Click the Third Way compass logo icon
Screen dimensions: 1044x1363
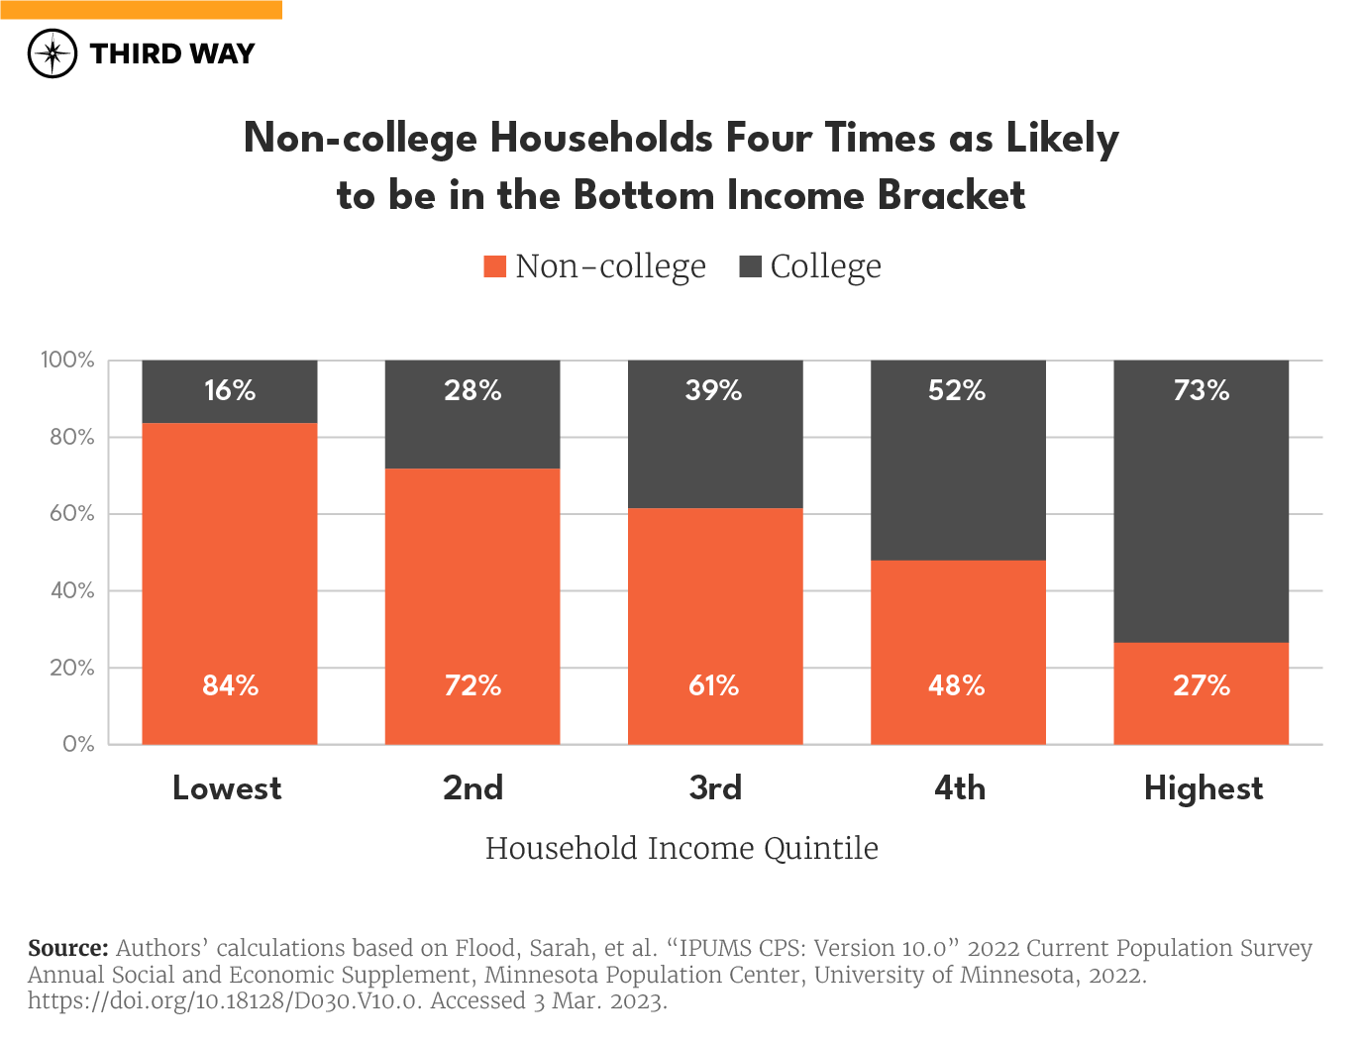(x=52, y=53)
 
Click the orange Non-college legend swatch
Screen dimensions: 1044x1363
(x=494, y=266)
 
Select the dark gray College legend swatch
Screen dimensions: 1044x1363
(x=750, y=266)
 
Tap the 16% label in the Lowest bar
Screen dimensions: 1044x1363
(x=230, y=390)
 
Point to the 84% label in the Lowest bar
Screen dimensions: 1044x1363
(x=230, y=685)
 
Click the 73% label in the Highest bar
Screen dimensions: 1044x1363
(x=1202, y=390)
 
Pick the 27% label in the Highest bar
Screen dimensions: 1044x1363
(x=1202, y=685)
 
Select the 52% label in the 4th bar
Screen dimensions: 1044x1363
(x=957, y=390)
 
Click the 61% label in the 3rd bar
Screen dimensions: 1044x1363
(x=714, y=685)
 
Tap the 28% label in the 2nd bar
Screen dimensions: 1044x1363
(x=472, y=390)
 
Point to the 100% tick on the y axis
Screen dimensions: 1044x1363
(x=67, y=360)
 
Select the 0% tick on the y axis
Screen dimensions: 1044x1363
(x=78, y=744)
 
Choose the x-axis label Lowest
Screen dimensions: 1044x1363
(x=227, y=788)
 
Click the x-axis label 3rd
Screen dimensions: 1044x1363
(x=715, y=788)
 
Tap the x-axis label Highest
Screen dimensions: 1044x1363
(x=1204, y=788)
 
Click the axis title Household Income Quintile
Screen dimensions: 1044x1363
(x=681, y=849)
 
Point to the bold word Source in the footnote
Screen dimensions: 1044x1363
(x=67, y=948)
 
